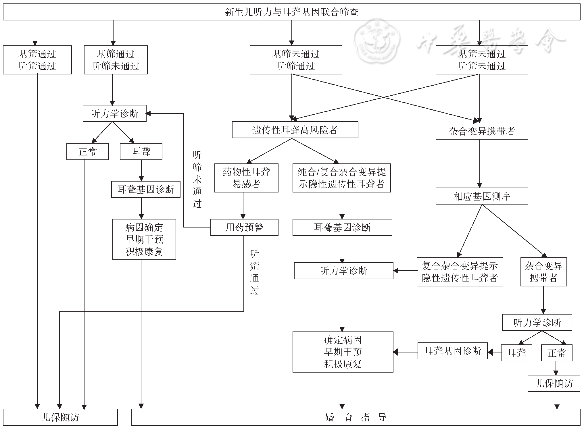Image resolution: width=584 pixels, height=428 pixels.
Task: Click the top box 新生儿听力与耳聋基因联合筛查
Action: pyautogui.click(x=291, y=12)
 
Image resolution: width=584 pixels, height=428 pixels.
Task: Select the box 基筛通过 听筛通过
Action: pyautogui.click(x=37, y=60)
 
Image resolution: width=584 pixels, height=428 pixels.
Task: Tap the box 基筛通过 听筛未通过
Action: pyautogui.click(x=116, y=60)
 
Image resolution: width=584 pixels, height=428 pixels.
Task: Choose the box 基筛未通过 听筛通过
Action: pyautogui.click(x=296, y=60)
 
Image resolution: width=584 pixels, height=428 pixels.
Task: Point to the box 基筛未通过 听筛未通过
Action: pyautogui.click(x=482, y=60)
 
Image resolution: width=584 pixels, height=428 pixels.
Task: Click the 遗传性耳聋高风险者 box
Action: pyautogui.click(x=295, y=130)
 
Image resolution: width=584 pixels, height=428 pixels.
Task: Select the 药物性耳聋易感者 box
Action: pyautogui.click(x=246, y=178)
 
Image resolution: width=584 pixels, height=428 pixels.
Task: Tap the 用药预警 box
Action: pyautogui.click(x=244, y=228)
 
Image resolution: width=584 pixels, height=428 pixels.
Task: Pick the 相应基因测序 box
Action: pyautogui.click(x=482, y=196)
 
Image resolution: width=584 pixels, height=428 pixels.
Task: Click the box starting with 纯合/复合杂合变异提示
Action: pyautogui.click(x=341, y=178)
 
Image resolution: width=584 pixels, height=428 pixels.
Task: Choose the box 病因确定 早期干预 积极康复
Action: pyautogui.click(x=144, y=239)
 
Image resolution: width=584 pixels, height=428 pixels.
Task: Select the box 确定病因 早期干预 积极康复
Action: pyautogui.click(x=343, y=352)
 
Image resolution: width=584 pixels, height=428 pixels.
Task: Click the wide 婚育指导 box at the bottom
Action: pyautogui.click(x=356, y=417)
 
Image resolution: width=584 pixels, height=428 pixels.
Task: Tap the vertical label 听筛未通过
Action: pyautogui.click(x=197, y=179)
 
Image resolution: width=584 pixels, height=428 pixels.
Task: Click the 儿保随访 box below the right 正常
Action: pyautogui.click(x=554, y=383)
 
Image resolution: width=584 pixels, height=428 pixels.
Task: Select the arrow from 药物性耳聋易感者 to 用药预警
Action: pyautogui.click(x=243, y=206)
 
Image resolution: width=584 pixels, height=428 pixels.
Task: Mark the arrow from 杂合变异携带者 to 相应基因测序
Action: pyautogui.click(x=479, y=164)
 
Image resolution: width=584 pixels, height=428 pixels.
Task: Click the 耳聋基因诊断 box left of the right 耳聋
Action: pyautogui.click(x=452, y=351)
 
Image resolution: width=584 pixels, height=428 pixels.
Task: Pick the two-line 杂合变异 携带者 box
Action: pyautogui.click(x=543, y=272)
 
